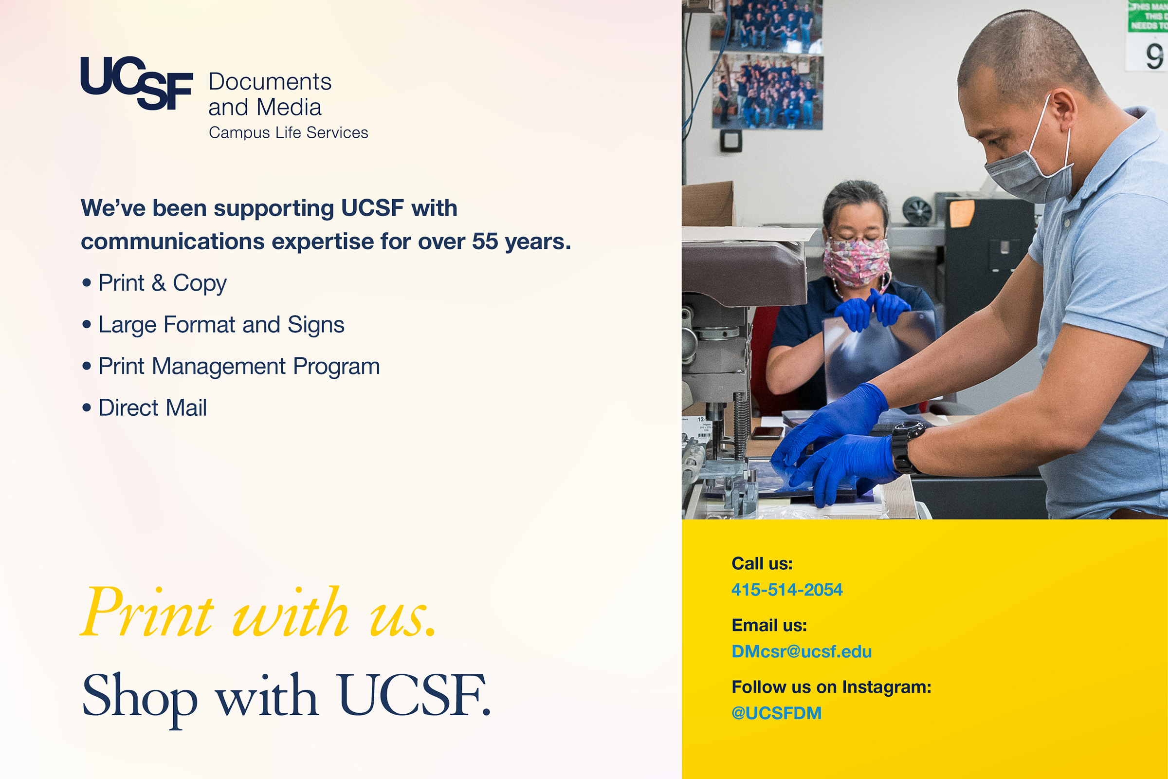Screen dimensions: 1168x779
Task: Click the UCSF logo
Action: click(137, 83)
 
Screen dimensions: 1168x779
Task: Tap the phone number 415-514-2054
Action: click(786, 590)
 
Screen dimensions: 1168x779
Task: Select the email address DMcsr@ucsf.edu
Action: click(802, 651)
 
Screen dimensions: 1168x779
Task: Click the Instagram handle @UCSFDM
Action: click(777, 713)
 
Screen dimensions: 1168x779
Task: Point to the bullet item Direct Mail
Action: click(145, 408)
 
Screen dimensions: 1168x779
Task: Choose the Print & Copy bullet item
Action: click(154, 284)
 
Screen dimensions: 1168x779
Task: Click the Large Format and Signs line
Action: click(214, 325)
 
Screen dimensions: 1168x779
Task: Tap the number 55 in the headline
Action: click(485, 241)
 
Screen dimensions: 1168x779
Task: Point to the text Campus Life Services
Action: click(289, 132)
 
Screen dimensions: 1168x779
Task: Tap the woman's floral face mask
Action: click(857, 262)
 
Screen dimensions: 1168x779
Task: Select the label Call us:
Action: click(762, 564)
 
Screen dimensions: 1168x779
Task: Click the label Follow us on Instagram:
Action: click(832, 687)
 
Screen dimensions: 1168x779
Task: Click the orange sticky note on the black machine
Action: click(962, 213)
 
